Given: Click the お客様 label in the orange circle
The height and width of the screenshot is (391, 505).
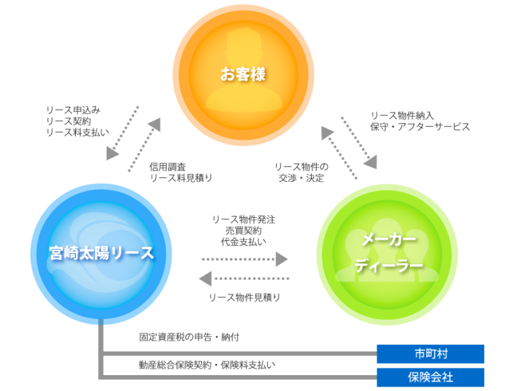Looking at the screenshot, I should [x=242, y=74].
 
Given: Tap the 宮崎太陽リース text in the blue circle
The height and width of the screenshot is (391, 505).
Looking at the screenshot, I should [x=102, y=252].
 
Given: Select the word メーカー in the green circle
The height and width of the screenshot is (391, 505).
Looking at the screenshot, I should [x=387, y=240].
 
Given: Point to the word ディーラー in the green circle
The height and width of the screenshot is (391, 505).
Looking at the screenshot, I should [x=387, y=265].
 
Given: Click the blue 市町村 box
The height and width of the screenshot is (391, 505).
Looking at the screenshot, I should [x=431, y=353].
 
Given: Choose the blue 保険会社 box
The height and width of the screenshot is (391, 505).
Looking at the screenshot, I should [x=431, y=377].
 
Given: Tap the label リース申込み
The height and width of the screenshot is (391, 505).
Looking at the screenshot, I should [x=72, y=110].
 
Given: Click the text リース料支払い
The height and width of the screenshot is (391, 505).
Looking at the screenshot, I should [x=77, y=132].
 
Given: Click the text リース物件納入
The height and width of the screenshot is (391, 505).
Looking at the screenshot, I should [x=402, y=115].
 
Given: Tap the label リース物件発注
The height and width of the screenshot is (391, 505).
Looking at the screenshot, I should [x=244, y=219].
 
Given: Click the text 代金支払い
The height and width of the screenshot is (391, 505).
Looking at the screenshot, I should [x=244, y=242].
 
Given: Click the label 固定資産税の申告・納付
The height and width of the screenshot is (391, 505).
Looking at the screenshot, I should [x=188, y=337].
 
